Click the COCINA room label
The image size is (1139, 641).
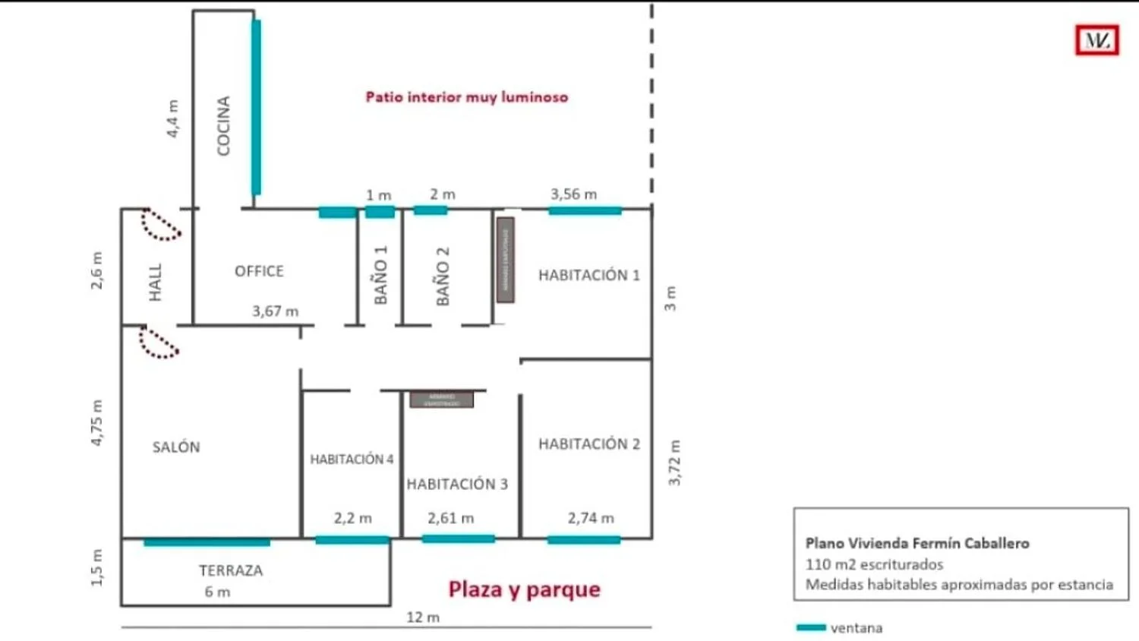[x=223, y=125]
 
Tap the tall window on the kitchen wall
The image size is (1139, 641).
[x=257, y=106]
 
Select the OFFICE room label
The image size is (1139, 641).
[x=259, y=271]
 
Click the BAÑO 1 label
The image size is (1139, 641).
[x=380, y=274]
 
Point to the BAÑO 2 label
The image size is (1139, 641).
[x=443, y=276]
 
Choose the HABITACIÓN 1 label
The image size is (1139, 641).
[x=588, y=275]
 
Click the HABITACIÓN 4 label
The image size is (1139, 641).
[x=352, y=459]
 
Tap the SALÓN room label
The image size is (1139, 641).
[x=176, y=447]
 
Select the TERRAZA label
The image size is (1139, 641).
[x=231, y=570]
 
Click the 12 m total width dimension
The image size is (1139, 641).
[x=423, y=617]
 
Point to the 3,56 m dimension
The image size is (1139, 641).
[x=573, y=194]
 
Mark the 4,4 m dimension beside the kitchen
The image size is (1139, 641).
[x=173, y=118]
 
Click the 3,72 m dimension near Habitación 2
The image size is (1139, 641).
[x=674, y=463]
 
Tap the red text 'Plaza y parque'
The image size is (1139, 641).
[x=524, y=589]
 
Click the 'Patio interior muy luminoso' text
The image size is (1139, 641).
[x=466, y=97]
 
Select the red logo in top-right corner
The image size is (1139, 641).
[x=1096, y=40]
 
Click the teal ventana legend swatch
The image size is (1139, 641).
[x=810, y=627]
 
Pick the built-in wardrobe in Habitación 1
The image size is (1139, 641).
[x=505, y=259]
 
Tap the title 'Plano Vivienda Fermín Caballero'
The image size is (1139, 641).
[x=917, y=543]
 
